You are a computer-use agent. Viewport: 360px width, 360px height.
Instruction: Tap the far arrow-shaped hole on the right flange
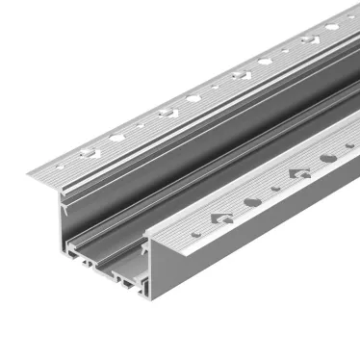click(x=300, y=173)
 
